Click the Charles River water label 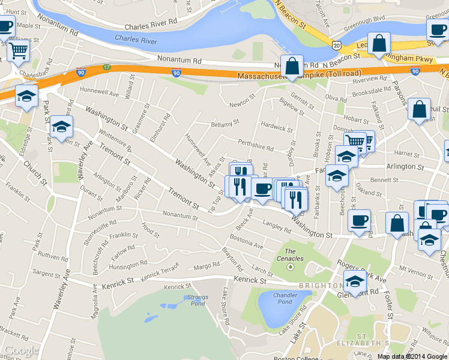tap(136, 40)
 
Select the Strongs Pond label tap(197, 301)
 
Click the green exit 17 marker tap(107, 67)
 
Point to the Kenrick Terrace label tap(160, 274)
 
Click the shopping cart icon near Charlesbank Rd tap(19, 52)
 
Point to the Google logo tap(22, 350)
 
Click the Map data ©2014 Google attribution tap(412, 356)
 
